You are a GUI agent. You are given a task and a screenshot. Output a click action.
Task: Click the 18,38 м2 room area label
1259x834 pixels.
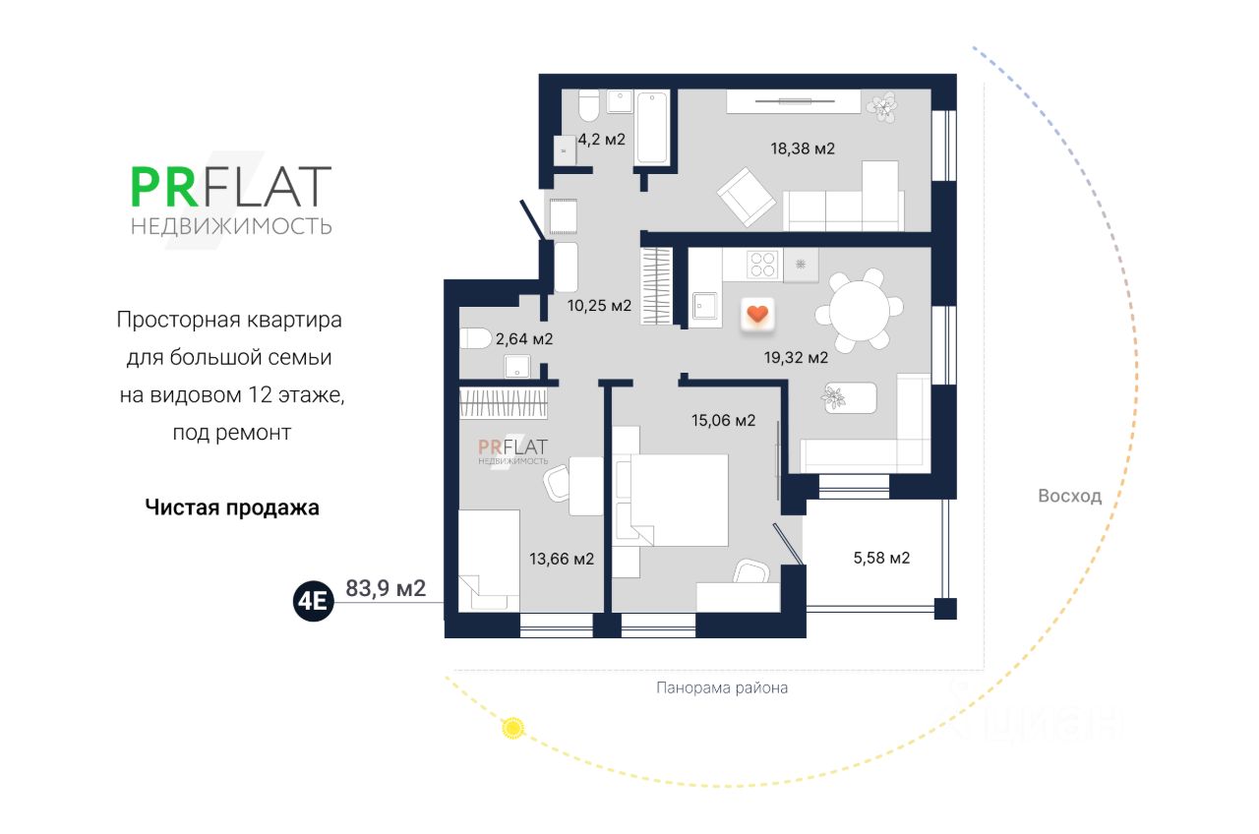pos(802,149)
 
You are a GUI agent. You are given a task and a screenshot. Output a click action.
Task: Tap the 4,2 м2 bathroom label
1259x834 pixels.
pos(602,140)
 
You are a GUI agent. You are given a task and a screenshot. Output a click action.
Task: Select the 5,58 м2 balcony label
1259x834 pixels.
pos(880,559)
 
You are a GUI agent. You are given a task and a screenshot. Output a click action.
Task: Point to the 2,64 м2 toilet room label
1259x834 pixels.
pos(524,339)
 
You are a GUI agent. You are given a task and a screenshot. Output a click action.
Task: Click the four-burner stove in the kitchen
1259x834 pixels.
pos(764,263)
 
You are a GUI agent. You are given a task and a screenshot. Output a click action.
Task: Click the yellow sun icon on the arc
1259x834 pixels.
pos(511,728)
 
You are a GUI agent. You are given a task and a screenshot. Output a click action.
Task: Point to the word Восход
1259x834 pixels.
pos(1069,496)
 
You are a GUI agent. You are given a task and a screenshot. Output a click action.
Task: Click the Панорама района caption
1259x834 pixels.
pos(722,687)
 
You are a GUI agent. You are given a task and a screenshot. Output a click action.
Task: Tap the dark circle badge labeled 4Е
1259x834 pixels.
pos(314,601)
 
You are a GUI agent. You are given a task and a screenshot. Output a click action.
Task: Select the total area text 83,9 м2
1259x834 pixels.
pos(386,589)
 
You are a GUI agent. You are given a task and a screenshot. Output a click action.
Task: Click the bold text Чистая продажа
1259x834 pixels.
pos(232,507)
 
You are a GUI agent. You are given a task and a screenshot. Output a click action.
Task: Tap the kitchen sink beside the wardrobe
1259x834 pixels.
pos(705,307)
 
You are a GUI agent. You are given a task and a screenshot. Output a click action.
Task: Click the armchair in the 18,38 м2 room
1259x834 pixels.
pos(746,196)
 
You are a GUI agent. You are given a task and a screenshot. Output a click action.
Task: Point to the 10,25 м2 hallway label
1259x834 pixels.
pos(599,305)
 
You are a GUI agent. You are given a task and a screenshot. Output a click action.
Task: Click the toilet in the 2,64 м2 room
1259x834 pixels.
pos(476,338)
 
